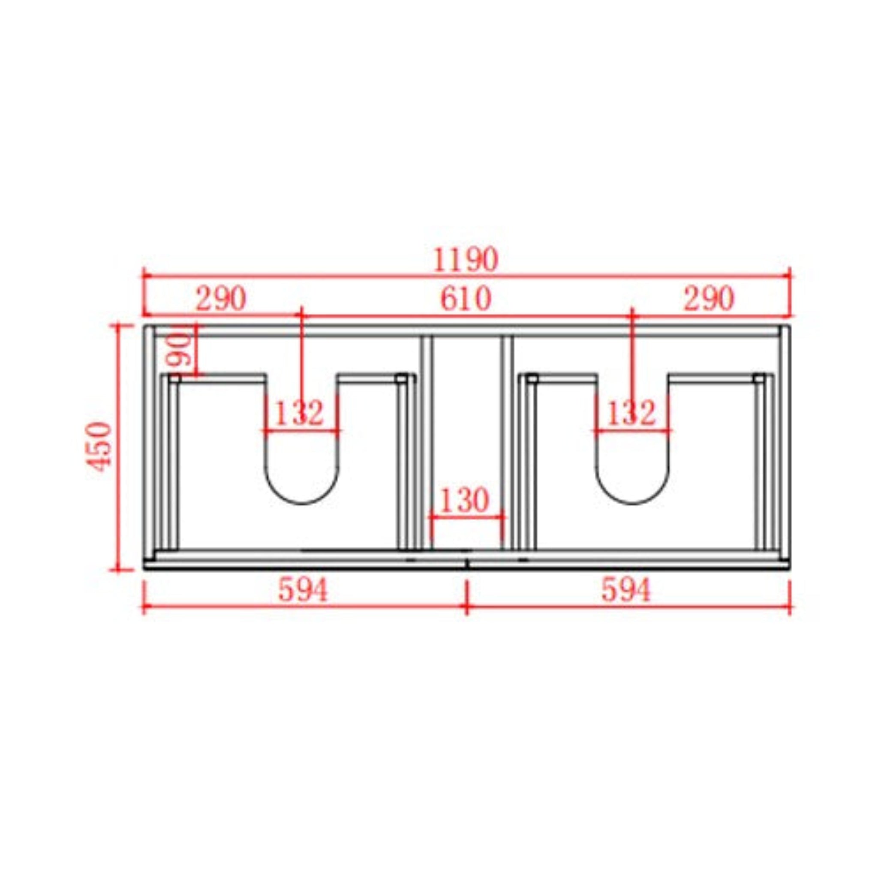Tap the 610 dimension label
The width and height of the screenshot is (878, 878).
tap(466, 300)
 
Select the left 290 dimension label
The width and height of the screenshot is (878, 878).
tap(221, 300)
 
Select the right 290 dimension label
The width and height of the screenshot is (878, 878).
tap(709, 300)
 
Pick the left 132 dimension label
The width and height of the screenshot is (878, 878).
tap(300, 413)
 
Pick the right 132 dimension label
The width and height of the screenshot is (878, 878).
tap(631, 413)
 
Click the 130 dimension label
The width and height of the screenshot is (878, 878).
tap(465, 500)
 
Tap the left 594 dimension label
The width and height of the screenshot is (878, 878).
tap(303, 591)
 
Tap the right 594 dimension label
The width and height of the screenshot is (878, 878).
tap(626, 591)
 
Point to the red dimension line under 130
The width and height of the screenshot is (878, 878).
tap(467, 517)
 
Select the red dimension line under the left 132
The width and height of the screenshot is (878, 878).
tap(301, 430)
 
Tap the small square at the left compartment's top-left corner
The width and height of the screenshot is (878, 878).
tap(174, 378)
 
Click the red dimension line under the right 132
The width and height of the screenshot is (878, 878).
tap(633, 430)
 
